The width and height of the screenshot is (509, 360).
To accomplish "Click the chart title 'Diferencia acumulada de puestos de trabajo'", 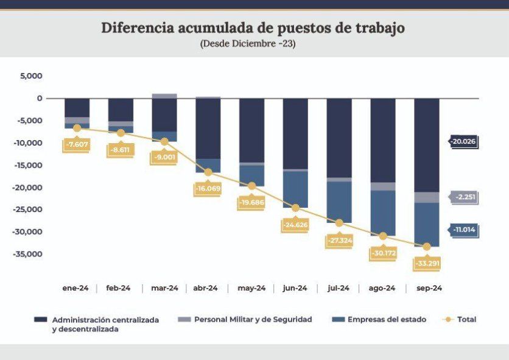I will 253,28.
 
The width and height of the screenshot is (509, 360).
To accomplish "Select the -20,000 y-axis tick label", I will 27,187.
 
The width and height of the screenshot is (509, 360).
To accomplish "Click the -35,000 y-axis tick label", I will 27,254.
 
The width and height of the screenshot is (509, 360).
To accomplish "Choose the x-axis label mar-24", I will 164,288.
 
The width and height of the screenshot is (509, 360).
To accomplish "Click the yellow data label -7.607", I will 77,145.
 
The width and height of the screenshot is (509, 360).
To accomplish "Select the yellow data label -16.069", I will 208,189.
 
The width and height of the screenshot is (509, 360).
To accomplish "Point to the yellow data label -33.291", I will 426,264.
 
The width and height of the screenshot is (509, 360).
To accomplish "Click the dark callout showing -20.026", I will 463,141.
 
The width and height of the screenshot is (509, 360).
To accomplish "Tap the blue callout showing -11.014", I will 464,230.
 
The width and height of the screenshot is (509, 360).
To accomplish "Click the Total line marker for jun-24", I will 296,208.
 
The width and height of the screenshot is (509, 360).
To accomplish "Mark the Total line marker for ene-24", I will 77,128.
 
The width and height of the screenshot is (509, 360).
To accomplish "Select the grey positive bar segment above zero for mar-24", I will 164,96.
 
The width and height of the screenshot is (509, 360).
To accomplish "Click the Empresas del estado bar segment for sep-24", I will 427,224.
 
